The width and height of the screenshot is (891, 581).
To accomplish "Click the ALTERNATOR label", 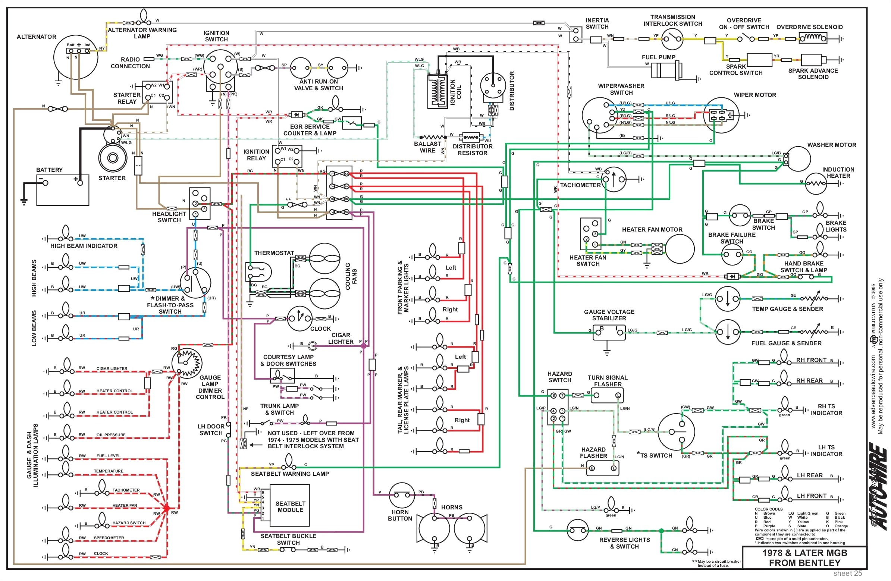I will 36,37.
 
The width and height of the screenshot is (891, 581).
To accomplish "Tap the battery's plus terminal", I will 80,183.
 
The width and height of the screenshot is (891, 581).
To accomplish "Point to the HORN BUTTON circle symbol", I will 402,495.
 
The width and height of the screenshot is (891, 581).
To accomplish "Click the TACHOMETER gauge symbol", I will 614,179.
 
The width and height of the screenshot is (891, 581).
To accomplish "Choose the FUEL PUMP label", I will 659,57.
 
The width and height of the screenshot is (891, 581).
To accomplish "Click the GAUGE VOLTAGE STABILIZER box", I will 609,332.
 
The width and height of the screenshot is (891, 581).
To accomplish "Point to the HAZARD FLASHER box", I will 602,468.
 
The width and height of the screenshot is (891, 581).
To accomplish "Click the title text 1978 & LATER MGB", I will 804,553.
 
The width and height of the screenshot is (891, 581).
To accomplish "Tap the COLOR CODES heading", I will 769,509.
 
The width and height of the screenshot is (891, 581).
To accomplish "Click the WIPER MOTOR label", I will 755,95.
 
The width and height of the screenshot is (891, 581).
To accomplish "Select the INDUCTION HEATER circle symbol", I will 815,183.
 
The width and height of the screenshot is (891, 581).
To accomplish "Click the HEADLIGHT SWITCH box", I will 200,204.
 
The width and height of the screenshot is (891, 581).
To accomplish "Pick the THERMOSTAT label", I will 274,253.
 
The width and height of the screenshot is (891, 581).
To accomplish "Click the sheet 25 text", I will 848,574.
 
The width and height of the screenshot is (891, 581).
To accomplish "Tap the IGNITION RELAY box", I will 287,156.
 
